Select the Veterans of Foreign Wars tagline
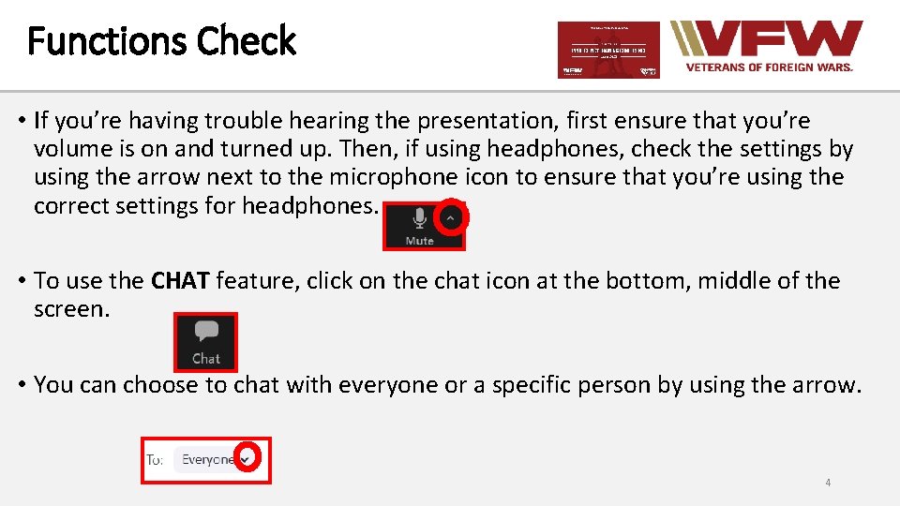[769, 67]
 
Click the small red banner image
[608, 50]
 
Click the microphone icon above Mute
[419, 218]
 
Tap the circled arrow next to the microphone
[451, 217]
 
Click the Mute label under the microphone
[419, 241]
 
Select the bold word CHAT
[180, 280]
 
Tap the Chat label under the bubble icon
[206, 358]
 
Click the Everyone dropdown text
[207, 459]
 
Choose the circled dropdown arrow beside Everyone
[246, 459]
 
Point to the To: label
[155, 459]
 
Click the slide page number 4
[827, 483]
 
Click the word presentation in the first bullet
[478, 121]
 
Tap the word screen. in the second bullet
[71, 308]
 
